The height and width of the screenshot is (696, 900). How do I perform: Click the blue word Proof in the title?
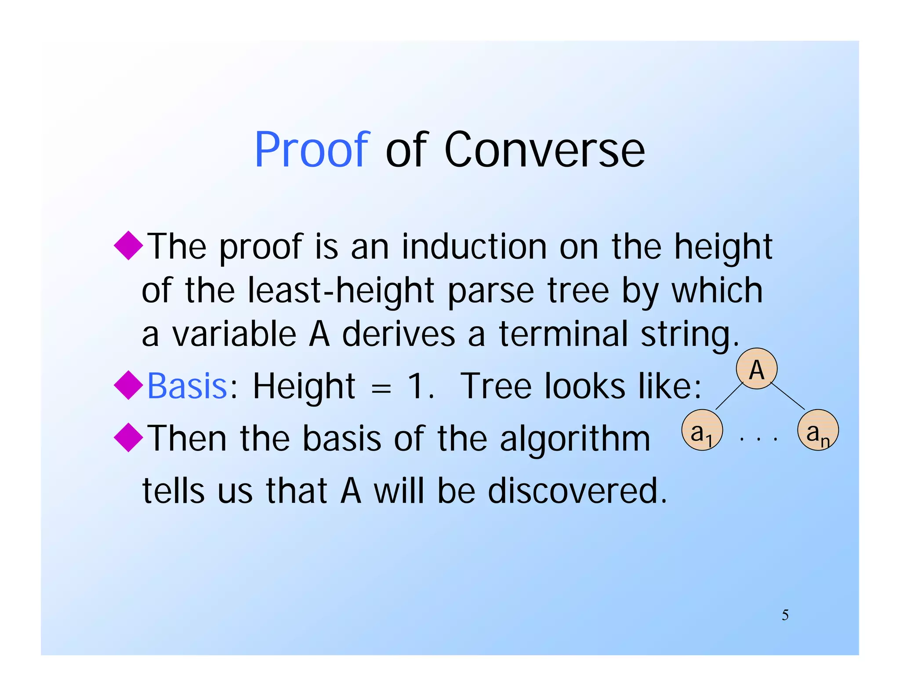[x=312, y=150]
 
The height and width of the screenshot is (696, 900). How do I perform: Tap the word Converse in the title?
[x=544, y=150]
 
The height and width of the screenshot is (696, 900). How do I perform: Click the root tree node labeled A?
[x=756, y=369]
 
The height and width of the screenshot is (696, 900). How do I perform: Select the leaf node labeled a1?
[x=702, y=430]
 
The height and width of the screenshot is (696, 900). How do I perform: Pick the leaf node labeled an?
[x=818, y=430]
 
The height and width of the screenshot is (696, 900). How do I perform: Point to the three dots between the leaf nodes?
[x=758, y=439]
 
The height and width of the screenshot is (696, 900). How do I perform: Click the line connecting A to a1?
[x=729, y=396]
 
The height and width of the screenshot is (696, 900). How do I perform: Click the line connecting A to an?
[x=787, y=396]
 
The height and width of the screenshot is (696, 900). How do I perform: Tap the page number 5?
[x=785, y=615]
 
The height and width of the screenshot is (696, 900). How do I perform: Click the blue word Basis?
[x=187, y=386]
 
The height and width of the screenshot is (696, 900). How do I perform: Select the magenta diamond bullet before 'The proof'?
[x=128, y=245]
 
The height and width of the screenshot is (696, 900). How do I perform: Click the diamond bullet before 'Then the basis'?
[x=128, y=437]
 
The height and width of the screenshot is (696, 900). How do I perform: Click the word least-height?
[x=341, y=290]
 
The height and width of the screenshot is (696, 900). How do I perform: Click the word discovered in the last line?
[x=577, y=491]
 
